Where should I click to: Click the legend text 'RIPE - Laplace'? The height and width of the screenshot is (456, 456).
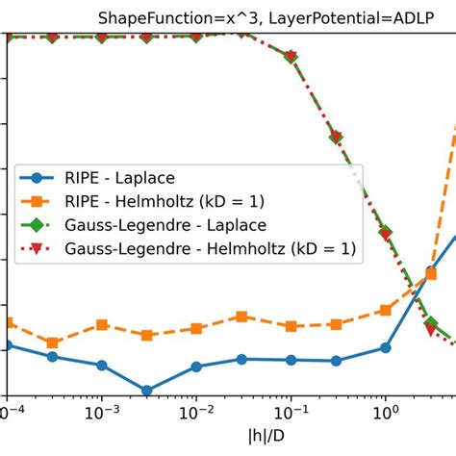(x=122, y=177)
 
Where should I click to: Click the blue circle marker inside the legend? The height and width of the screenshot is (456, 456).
(x=37, y=177)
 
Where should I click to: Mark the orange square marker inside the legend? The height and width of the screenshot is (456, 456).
(x=37, y=201)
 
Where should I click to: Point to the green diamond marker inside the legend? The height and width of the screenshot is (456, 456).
(x=37, y=225)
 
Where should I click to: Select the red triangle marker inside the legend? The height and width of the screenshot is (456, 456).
(x=37, y=249)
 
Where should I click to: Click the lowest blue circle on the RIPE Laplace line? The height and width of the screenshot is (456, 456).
(x=147, y=391)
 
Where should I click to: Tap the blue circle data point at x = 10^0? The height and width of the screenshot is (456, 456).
(x=385, y=347)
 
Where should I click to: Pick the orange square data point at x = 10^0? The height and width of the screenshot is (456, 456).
(x=385, y=310)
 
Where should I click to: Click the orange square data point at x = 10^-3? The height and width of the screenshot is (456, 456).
(x=101, y=325)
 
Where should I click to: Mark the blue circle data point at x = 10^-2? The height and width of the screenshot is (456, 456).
(x=195, y=367)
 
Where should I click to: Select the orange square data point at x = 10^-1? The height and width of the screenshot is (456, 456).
(x=290, y=326)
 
